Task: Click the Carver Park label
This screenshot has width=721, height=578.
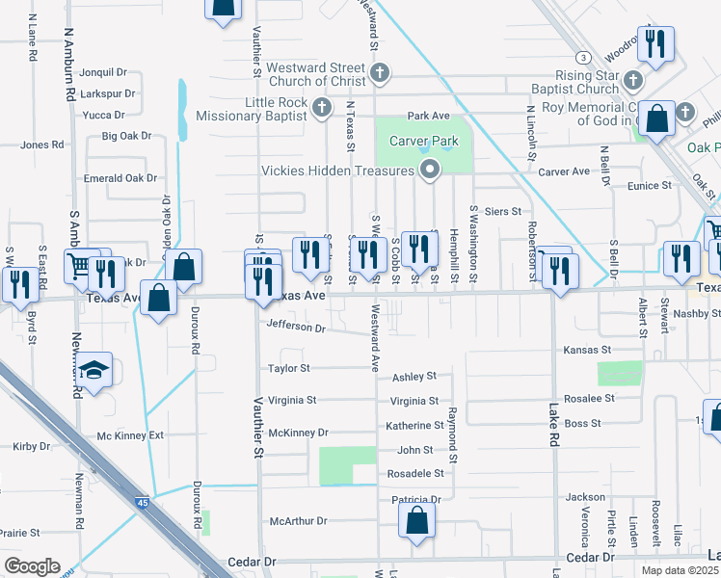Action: point(422,142)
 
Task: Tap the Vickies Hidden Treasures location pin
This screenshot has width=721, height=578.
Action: point(429,171)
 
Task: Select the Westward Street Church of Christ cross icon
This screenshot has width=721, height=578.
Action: point(381,72)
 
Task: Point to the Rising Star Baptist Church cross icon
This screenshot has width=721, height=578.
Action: point(633,81)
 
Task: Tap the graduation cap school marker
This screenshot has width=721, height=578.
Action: point(93,372)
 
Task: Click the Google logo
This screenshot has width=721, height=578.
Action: point(31,566)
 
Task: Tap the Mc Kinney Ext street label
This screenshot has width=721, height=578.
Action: point(130,435)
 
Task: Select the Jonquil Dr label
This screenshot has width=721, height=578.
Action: point(104,72)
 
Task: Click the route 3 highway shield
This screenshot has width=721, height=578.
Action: point(582,57)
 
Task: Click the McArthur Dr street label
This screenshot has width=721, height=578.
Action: point(299,521)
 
